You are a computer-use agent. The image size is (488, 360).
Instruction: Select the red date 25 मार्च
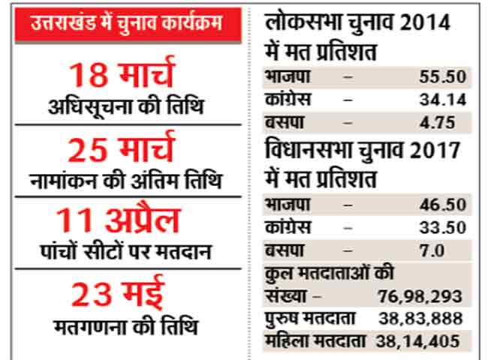point(127,148)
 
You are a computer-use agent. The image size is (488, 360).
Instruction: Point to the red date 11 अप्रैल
point(127,220)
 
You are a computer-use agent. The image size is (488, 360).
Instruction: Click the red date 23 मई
point(127,293)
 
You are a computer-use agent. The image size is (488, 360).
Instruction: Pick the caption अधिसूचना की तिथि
point(127,107)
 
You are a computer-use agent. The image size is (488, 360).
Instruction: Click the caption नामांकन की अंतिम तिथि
point(127,180)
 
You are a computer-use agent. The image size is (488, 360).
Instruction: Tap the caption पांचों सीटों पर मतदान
point(127,252)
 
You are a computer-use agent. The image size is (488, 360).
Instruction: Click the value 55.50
point(444,76)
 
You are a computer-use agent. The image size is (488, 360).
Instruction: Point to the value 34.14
point(444,99)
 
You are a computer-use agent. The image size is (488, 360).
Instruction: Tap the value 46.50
point(444,204)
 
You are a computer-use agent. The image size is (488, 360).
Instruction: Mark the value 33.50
point(444,226)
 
